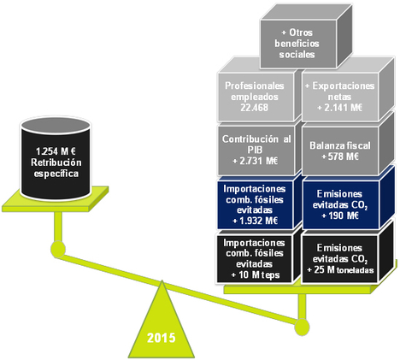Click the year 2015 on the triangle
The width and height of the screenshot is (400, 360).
pyautogui.click(x=162, y=338)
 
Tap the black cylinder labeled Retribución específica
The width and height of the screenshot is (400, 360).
pyautogui.click(x=56, y=159)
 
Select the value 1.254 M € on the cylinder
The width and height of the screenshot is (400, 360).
pyautogui.click(x=56, y=151)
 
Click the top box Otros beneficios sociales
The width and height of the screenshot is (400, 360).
pyautogui.click(x=298, y=44)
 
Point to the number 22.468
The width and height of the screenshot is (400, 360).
pyautogui.click(x=255, y=108)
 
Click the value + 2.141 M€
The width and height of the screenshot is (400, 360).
pyautogui.click(x=339, y=108)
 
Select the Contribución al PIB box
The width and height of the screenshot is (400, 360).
pyautogui.click(x=256, y=150)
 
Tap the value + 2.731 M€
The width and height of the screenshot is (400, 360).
pyautogui.click(x=255, y=161)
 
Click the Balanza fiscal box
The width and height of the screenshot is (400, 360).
pyautogui.click(x=340, y=150)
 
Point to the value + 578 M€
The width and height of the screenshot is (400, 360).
pyautogui.click(x=340, y=156)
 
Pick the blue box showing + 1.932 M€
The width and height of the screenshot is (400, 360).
pyautogui.click(x=256, y=204)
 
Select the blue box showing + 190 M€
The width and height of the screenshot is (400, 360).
pyautogui.click(x=340, y=204)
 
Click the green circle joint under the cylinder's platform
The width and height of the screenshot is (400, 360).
pyautogui.click(x=58, y=250)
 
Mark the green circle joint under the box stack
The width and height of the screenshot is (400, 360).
pyautogui.click(x=302, y=327)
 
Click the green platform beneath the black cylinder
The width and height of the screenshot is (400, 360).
pyautogui.click(x=56, y=199)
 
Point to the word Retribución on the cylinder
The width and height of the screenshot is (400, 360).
pyautogui.click(x=56, y=162)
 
